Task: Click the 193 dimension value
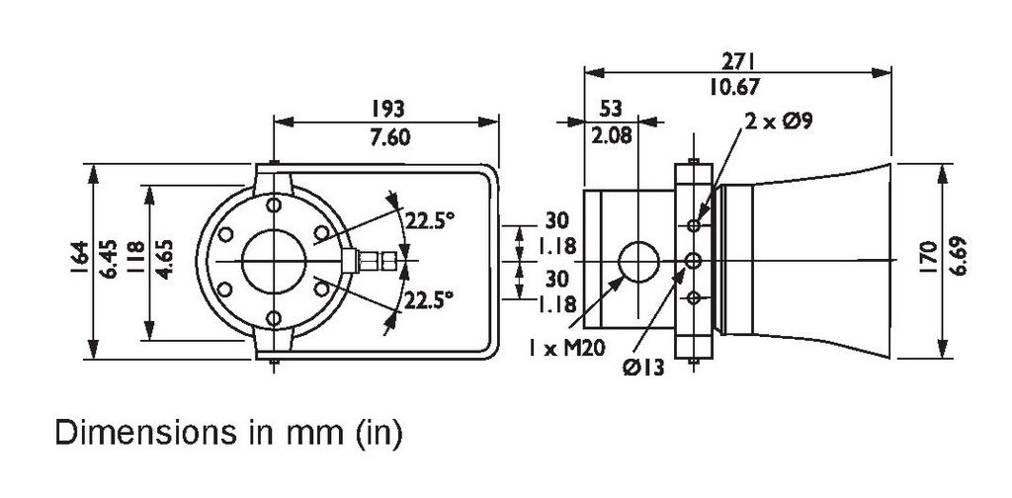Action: point(387,109)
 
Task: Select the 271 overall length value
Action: point(737,61)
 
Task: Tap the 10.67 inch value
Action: point(735,86)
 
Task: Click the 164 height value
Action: point(79,257)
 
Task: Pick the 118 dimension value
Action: point(135,257)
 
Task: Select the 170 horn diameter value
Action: point(927,257)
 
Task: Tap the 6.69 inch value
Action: point(959,256)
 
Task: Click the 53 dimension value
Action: point(611,109)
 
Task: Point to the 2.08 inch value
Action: point(612,136)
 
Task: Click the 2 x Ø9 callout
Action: point(779,121)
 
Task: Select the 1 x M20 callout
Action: point(566,349)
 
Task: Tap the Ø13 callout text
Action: point(643,369)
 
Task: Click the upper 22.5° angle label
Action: point(430,220)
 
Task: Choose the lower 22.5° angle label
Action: point(429,300)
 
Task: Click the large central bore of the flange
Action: point(274,261)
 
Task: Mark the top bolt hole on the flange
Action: point(274,206)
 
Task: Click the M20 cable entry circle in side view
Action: point(639,261)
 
